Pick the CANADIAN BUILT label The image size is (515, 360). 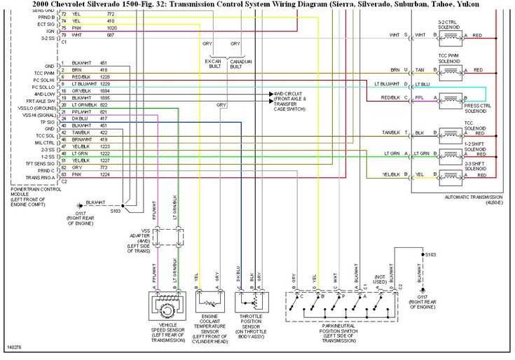pyautogui.click(x=240, y=63)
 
